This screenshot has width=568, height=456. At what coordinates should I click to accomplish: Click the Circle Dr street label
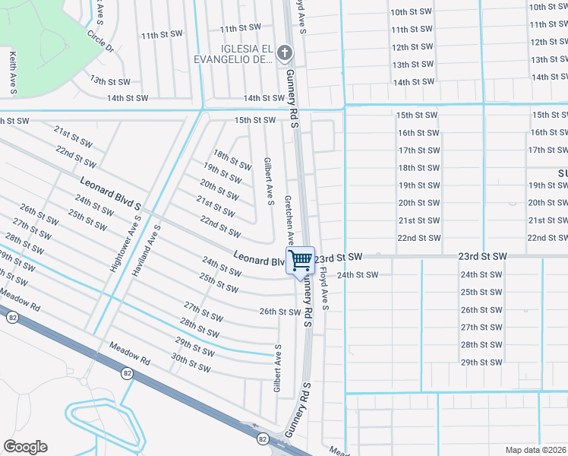99,41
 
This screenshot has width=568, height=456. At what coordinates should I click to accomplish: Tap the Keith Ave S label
13,73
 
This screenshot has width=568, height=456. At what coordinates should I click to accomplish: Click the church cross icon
284,52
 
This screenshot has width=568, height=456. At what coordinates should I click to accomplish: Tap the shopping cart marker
300,260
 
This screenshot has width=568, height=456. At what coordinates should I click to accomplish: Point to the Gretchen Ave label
289,216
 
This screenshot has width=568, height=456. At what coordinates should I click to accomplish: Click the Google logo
25,447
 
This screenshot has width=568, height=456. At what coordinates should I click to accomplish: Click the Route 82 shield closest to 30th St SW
128,372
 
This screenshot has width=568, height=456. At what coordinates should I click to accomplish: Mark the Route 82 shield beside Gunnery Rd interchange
262,439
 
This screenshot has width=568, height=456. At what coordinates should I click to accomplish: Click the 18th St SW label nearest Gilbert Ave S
232,160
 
